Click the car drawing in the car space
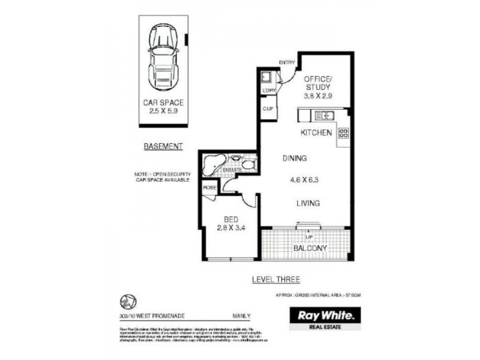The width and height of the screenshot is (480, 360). click(163, 57)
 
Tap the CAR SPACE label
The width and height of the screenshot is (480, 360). click(163, 103)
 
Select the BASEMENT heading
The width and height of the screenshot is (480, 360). click(163, 146)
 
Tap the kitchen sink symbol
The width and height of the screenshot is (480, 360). click(323, 115)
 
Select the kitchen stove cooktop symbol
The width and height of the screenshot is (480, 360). click(344, 134)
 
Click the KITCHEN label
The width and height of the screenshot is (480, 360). click(316, 133)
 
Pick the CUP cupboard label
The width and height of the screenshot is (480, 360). click(268, 110)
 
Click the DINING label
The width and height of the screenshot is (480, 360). click(295, 158)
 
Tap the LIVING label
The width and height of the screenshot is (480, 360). click(307, 203)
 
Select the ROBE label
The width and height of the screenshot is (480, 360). click(209, 188)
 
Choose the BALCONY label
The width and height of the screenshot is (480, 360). click(309, 248)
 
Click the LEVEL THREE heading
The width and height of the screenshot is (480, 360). click(277, 279)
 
